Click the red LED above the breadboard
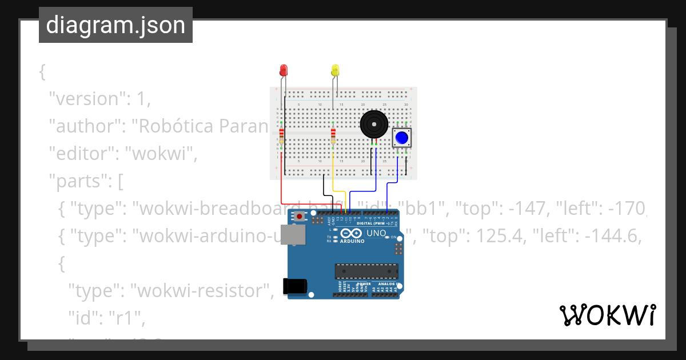(284, 70)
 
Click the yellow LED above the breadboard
(335, 71)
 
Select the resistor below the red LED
(281, 137)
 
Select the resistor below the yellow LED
(333, 137)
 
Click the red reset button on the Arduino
(299, 217)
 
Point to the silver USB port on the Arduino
(296, 235)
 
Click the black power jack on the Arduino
(295, 286)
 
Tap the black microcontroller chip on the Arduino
(366, 271)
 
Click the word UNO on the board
(376, 233)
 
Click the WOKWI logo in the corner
(607, 315)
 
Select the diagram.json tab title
(115, 25)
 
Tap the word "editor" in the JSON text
(83, 154)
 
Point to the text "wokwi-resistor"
(200, 291)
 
